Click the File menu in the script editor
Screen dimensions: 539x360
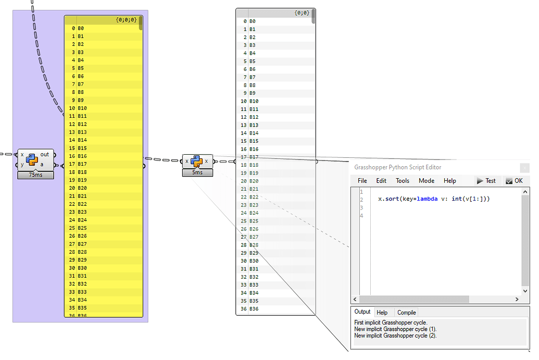(x=362, y=181)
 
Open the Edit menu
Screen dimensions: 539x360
(x=381, y=181)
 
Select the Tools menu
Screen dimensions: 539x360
(x=403, y=181)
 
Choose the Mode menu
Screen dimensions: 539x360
(x=427, y=181)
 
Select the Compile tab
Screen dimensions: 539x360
(x=406, y=313)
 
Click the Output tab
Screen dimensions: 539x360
(x=362, y=312)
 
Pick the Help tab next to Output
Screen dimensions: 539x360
(x=382, y=313)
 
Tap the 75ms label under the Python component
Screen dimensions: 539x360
(x=35, y=175)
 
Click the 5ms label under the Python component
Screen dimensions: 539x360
(x=197, y=172)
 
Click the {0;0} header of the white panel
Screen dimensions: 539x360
(x=302, y=13)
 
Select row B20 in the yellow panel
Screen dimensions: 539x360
(x=82, y=188)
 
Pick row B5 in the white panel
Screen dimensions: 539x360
(x=253, y=61)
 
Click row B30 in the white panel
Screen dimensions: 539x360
(x=254, y=261)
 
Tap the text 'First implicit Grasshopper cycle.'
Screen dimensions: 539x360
(x=391, y=323)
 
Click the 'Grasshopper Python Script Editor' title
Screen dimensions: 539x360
(x=397, y=167)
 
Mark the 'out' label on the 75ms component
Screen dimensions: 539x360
(x=45, y=154)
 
